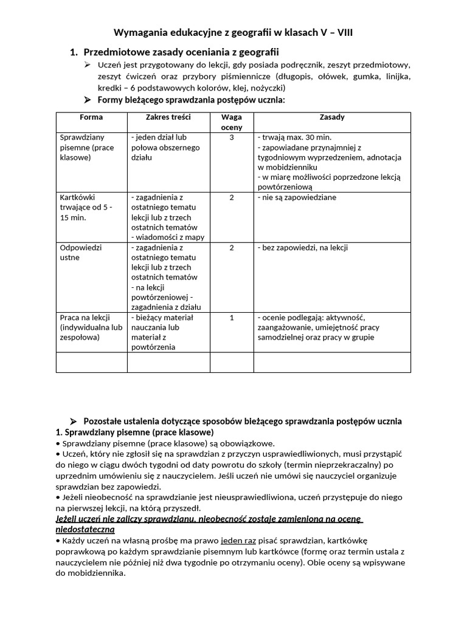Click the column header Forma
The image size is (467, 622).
(91, 117)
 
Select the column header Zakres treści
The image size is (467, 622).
(168, 117)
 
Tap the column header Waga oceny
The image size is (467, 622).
(231, 122)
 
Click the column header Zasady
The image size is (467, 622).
(331, 117)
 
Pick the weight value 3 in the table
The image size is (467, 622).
(231, 138)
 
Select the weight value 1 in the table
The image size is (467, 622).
(231, 318)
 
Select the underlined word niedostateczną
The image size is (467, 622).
(85, 529)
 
